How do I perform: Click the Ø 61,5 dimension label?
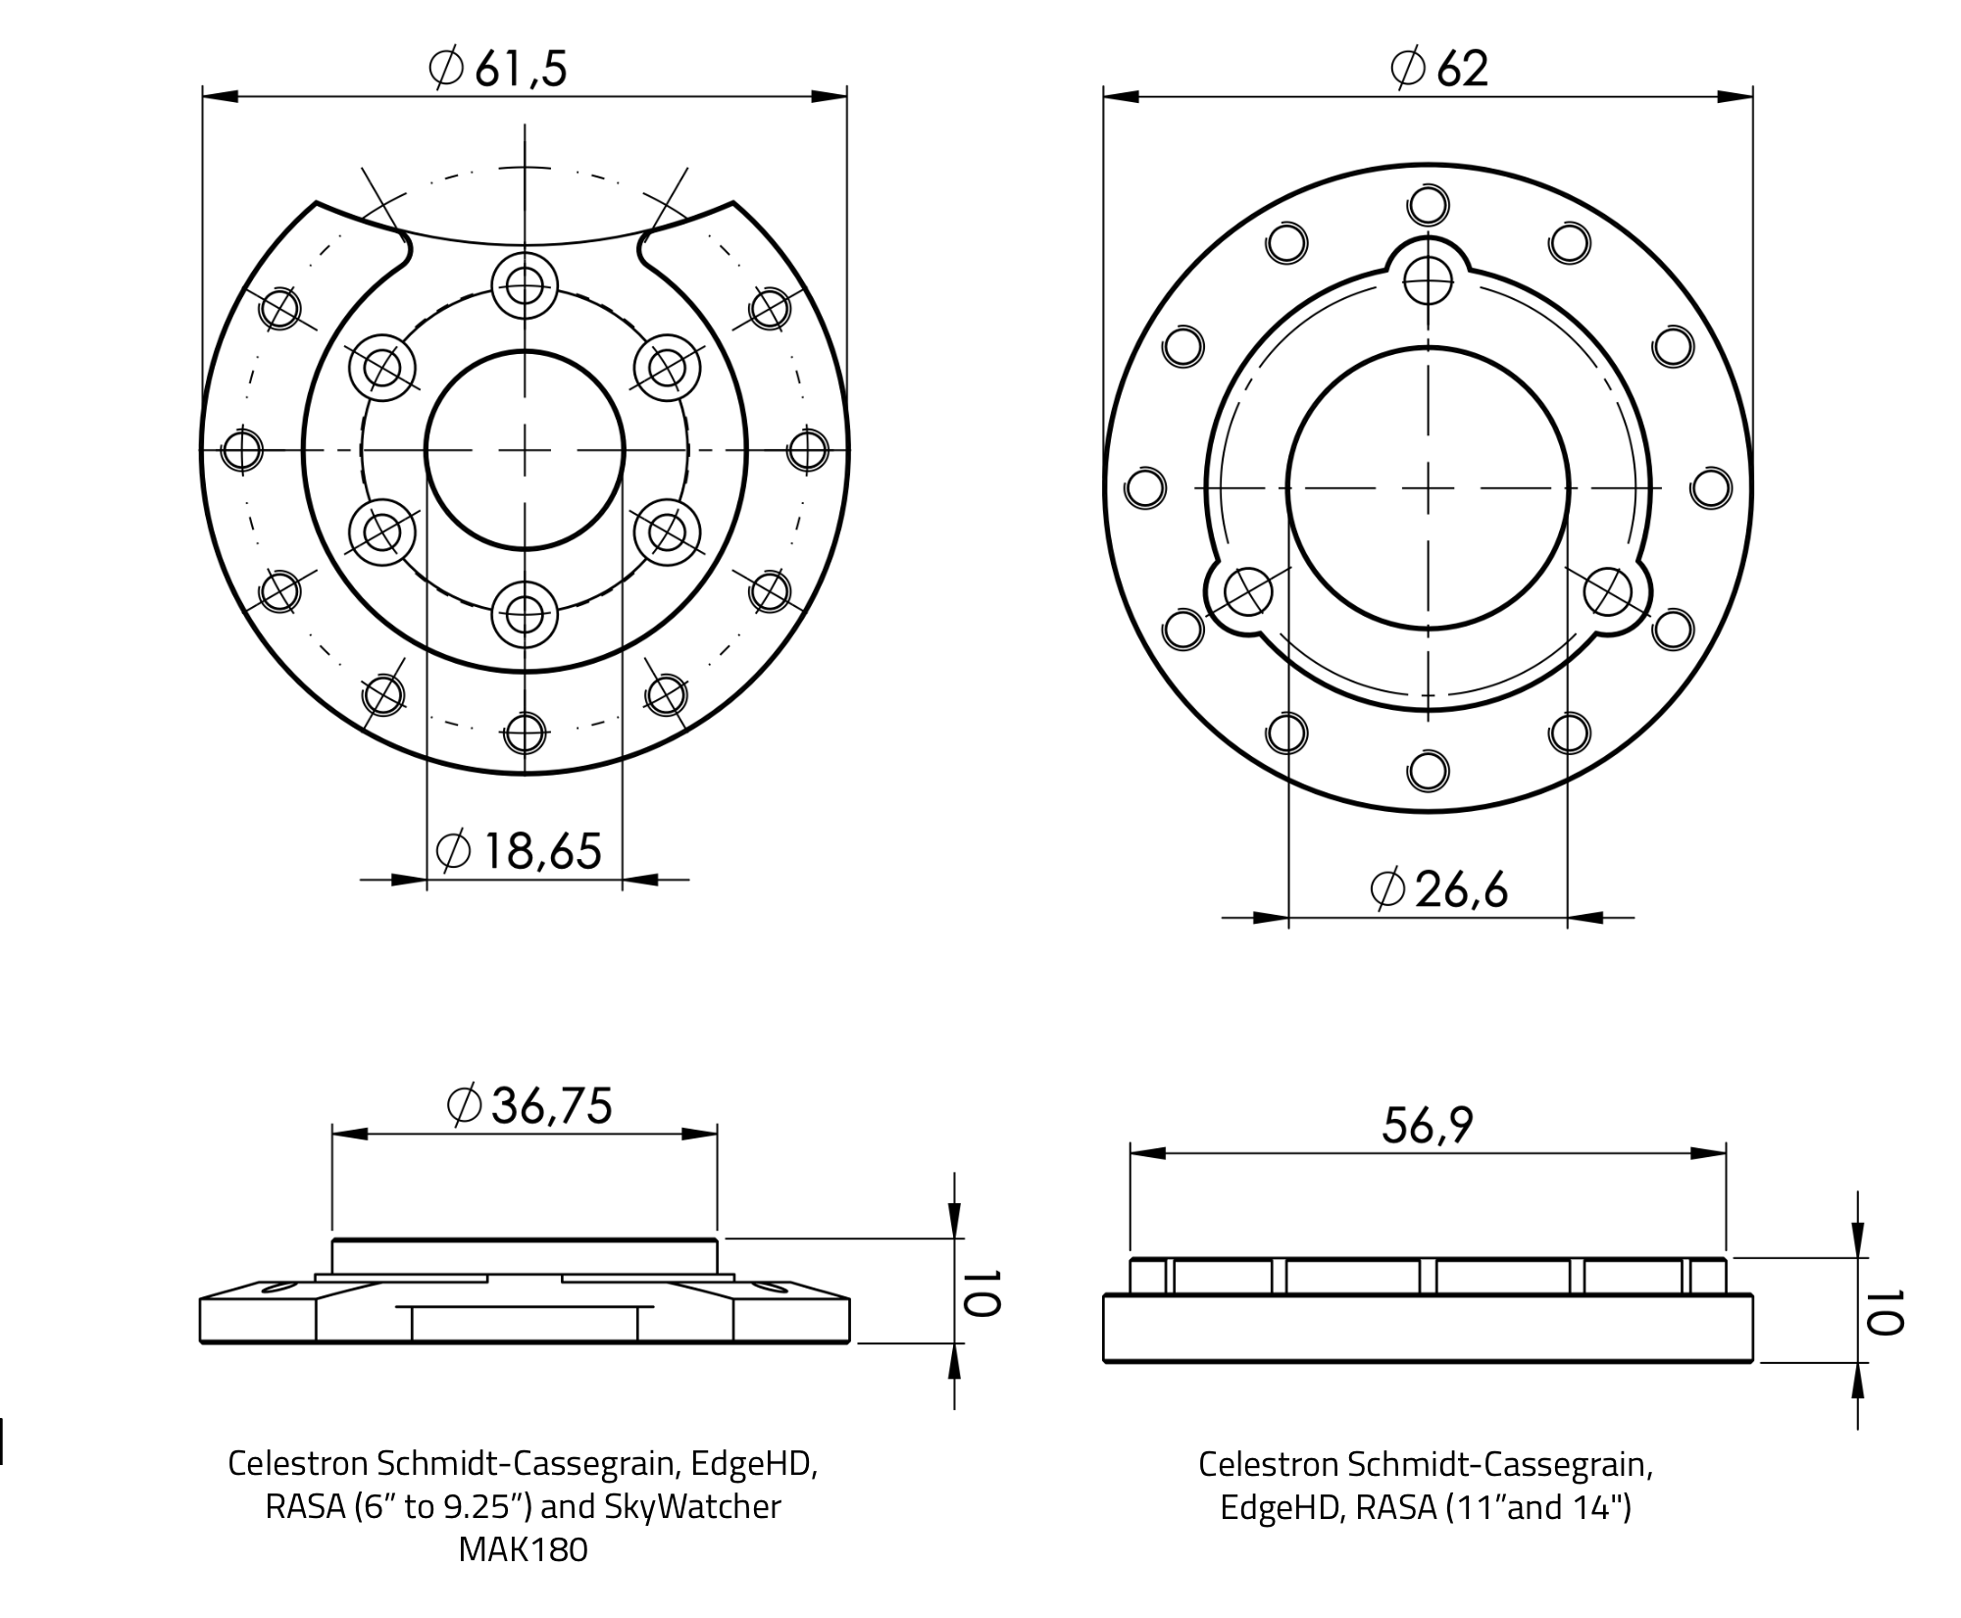click(x=498, y=69)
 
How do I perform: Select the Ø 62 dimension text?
click(x=1439, y=69)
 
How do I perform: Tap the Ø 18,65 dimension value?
click(x=518, y=851)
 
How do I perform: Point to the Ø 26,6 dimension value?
click(x=1438, y=889)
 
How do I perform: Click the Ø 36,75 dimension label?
click(x=529, y=1105)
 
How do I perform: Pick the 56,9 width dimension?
click(x=1428, y=1125)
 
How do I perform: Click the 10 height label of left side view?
click(x=980, y=1292)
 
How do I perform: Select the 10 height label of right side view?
click(x=1884, y=1312)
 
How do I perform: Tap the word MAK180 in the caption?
click(x=523, y=1549)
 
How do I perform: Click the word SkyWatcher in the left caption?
click(x=692, y=1506)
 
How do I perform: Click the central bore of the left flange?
click(x=525, y=449)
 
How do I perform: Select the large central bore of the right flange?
click(x=1428, y=487)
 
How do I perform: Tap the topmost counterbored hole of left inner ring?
click(x=525, y=285)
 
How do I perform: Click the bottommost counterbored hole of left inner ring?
click(x=525, y=616)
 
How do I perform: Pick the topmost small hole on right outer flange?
click(x=1428, y=206)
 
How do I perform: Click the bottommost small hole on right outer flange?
click(x=1428, y=770)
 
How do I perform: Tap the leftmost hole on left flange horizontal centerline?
click(x=241, y=450)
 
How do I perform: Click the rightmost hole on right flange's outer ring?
click(x=1712, y=488)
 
